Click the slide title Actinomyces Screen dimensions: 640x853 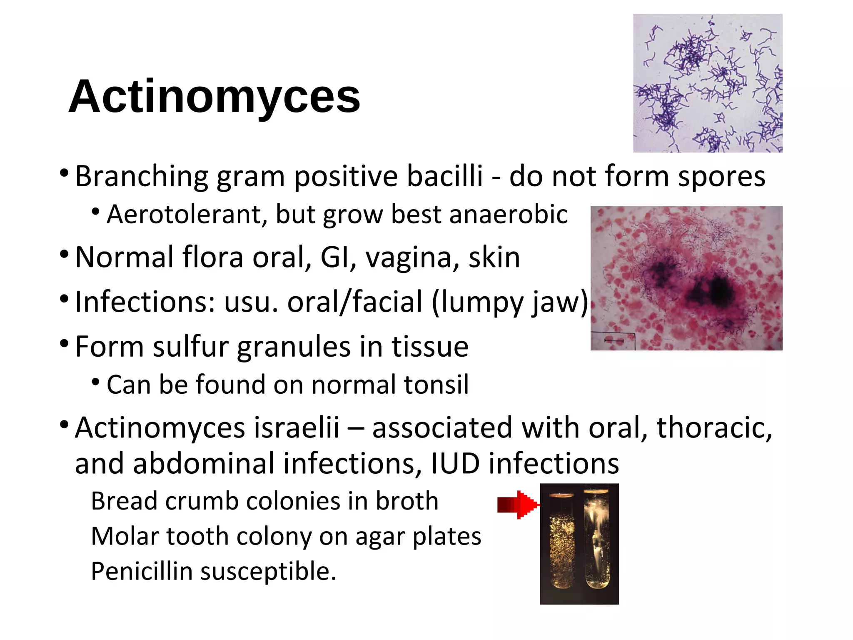pos(214,97)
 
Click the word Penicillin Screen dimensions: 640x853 pos(142,572)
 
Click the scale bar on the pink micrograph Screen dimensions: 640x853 pos(614,341)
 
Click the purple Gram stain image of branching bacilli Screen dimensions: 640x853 pos(708,83)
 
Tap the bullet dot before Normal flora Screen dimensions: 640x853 pos(64,254)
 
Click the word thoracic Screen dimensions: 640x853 pos(714,428)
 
